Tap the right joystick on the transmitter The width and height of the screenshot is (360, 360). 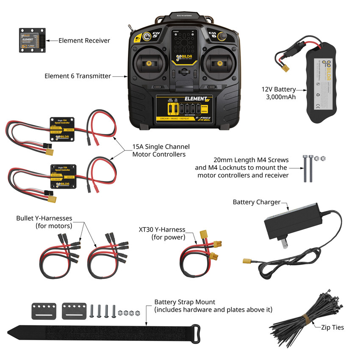coord(219,64)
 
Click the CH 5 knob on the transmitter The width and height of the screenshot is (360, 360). coord(147,37)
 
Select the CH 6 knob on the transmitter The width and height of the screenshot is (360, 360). coord(221,37)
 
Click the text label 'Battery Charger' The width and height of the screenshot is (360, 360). coord(256,202)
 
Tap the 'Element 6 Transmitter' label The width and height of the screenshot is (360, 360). coord(78,76)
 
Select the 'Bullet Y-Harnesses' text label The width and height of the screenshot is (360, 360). coord(44,218)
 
